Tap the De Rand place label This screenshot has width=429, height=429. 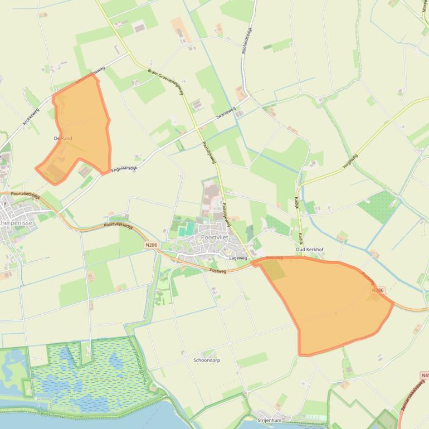(x=63, y=138)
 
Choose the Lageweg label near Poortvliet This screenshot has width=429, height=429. (x=238, y=259)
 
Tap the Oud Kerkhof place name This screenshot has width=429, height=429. (x=309, y=250)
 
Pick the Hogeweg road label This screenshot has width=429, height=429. (x=350, y=160)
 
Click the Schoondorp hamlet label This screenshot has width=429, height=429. (x=206, y=360)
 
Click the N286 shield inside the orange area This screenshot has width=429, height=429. (x=378, y=290)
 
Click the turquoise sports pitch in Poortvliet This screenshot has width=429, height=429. (x=188, y=228)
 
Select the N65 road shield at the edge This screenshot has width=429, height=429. (x=425, y=376)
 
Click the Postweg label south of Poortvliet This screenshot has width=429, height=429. (x=218, y=270)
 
